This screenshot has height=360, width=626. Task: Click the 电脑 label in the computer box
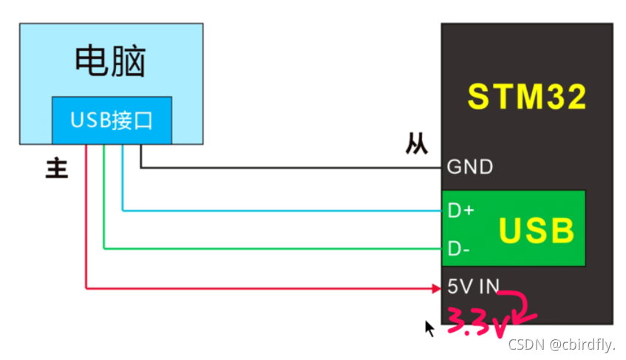click(x=110, y=62)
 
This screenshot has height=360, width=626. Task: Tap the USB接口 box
click(x=112, y=120)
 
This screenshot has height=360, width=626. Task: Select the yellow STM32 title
click(x=527, y=97)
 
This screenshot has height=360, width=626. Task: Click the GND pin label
click(x=470, y=167)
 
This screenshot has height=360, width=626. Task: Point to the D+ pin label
click(x=461, y=211)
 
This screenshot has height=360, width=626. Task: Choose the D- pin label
click(x=459, y=249)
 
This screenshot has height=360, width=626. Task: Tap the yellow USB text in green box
click(x=537, y=230)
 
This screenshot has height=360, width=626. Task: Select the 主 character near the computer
click(x=57, y=169)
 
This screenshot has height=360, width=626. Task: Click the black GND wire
click(x=296, y=168)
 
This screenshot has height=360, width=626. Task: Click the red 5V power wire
click(x=259, y=288)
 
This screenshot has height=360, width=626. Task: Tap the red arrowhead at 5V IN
click(x=435, y=288)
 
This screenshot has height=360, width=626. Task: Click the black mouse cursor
click(x=429, y=328)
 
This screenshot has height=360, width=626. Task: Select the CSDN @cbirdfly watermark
click(x=562, y=344)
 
